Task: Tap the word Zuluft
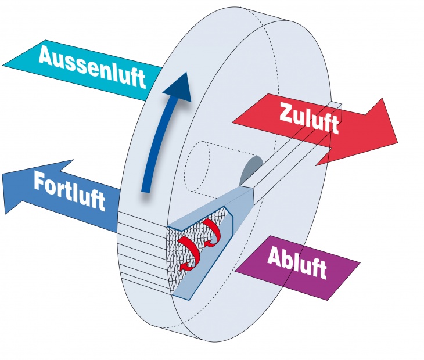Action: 308,119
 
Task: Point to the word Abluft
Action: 297,264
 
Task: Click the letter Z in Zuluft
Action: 286,112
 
